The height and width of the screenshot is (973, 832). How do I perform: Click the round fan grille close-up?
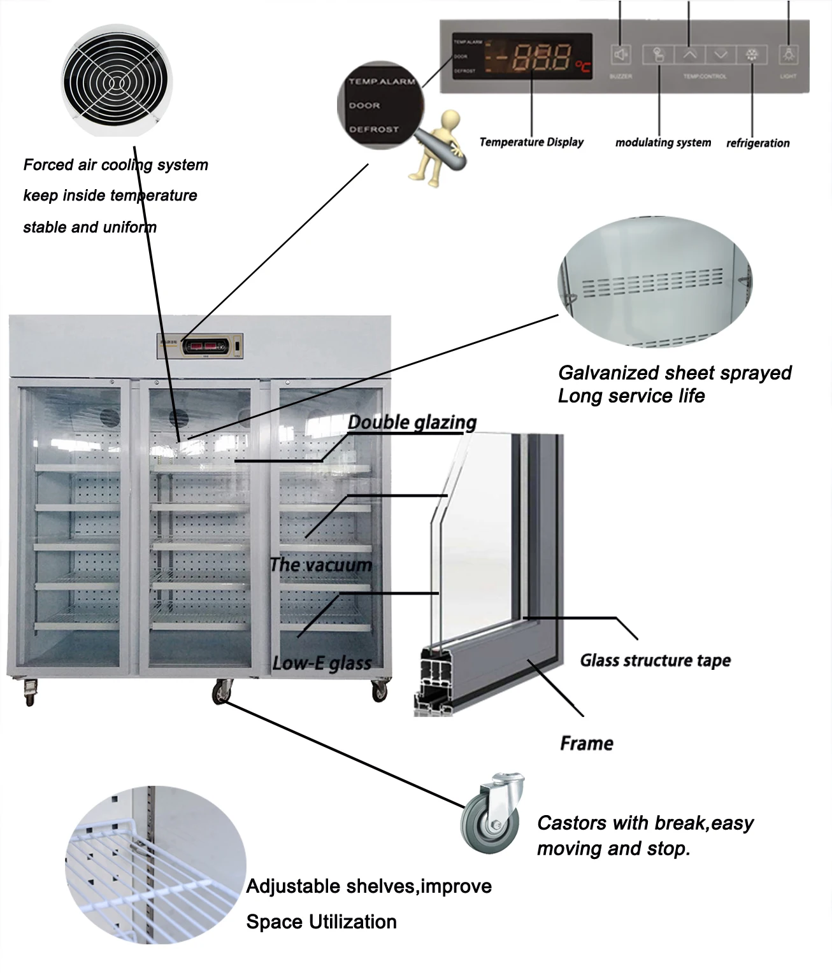coord(117,80)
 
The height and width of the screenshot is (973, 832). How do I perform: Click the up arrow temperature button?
coord(690,55)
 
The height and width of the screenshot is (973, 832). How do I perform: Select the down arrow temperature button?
coord(721,55)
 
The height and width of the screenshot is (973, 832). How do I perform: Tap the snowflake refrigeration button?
coord(752,55)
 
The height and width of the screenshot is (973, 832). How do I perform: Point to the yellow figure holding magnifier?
coord(440,148)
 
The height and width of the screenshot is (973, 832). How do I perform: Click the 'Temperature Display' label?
coord(531,142)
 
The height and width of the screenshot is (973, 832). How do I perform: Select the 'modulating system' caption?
coord(663,143)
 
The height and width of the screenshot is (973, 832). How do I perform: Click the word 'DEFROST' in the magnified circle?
coord(373,129)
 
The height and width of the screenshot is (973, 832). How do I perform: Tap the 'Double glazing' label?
coord(412,422)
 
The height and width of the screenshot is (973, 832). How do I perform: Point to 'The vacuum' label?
coord(320,565)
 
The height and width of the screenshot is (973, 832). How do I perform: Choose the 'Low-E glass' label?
coord(322,664)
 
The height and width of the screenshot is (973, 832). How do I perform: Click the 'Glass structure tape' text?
coord(655,660)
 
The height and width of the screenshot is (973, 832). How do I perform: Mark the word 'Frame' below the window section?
coord(586,743)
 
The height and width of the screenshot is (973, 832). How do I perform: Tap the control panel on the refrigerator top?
coord(201,346)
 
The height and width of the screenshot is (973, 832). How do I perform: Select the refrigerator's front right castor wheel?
coord(379,690)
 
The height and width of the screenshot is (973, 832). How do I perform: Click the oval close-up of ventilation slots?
coord(655,283)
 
